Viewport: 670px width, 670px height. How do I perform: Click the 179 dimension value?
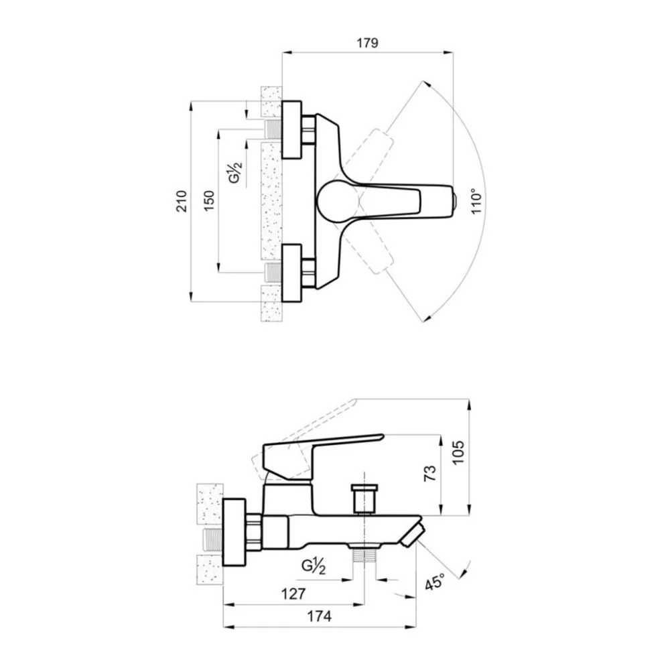367,43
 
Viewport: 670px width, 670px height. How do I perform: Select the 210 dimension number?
182,201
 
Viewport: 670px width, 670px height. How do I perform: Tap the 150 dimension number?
208,201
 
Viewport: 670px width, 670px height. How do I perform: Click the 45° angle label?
435,581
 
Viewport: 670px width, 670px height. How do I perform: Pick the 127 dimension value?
293,594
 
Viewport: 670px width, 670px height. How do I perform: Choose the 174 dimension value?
319,616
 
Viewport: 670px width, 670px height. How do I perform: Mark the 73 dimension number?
430,473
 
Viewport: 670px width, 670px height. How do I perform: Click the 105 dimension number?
458,452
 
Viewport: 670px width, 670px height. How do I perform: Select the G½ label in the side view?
314,567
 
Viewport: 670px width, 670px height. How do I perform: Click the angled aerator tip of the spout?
413,534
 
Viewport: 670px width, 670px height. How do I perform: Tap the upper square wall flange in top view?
291,130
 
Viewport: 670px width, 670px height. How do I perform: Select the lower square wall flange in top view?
291,273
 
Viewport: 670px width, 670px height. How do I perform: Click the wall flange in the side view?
234,533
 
